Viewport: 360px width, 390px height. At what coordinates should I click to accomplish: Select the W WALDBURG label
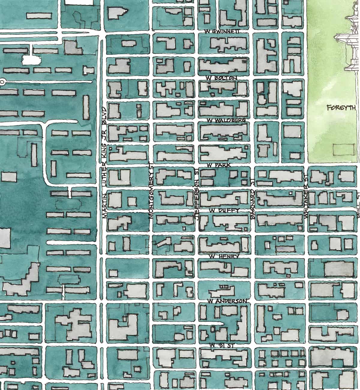[226, 120]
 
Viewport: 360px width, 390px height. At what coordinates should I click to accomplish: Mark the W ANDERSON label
[227, 301]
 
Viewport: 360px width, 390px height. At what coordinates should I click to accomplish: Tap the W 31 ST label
[222, 345]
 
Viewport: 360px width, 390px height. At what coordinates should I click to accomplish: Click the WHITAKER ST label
[306, 198]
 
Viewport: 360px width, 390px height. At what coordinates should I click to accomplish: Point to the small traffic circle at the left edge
[2, 81]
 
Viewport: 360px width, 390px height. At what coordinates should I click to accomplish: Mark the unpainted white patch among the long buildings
[31, 59]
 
